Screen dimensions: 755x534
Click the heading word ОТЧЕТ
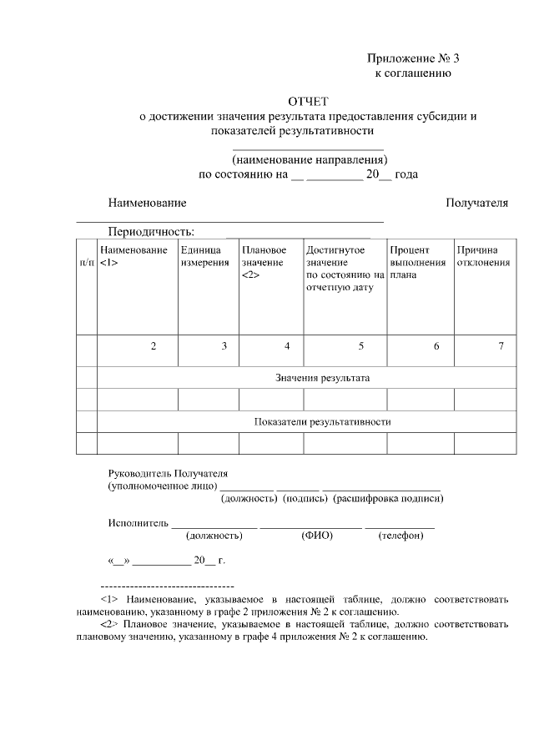pos(309,102)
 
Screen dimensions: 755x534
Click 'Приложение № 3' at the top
pos(413,58)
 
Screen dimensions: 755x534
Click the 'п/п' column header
pos(86,263)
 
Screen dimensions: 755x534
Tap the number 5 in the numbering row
pos(361,346)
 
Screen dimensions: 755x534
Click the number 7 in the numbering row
pos(501,346)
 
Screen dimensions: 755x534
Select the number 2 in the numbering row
pos(154,346)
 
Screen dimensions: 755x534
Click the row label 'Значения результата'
pos(322,378)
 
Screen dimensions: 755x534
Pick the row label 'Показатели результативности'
pos(322,421)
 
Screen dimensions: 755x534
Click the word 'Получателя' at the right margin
pos(476,203)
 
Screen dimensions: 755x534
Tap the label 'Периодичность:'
pos(151,231)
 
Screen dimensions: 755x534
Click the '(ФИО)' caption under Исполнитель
pos(317,536)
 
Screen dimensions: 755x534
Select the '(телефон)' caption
pos(401,536)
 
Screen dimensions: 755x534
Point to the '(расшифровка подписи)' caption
pos(388,499)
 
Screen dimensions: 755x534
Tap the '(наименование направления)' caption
pos(310,159)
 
